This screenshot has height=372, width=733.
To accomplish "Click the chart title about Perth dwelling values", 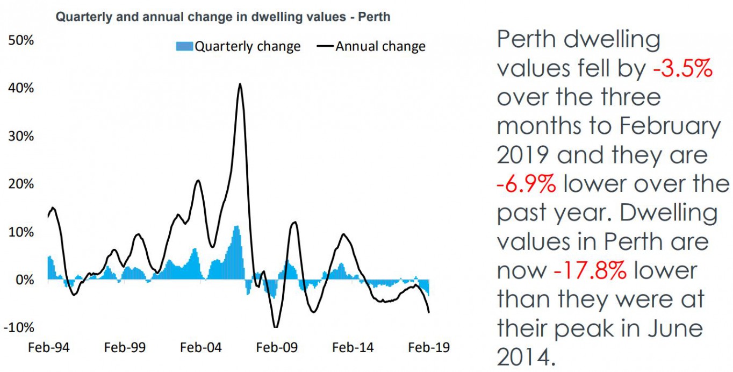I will tap(223, 17).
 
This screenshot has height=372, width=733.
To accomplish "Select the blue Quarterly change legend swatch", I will tap(184, 47).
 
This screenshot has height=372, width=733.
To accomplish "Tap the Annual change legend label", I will tap(380, 47).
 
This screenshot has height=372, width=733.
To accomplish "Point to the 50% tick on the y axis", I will tap(20, 41).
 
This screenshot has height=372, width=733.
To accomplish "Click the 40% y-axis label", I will tap(20, 88).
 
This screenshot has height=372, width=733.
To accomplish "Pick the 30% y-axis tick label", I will tap(20, 136).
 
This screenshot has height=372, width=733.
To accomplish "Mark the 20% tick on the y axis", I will tap(20, 184).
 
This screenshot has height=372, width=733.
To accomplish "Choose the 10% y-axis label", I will tap(20, 232).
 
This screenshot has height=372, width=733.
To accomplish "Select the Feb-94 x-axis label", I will tap(48, 347).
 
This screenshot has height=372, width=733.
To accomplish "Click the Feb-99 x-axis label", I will tap(125, 347).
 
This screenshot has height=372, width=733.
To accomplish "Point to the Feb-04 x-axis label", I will tap(201, 347).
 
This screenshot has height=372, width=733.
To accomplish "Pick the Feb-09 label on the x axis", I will tap(277, 347).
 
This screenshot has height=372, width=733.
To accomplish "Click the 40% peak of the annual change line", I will tap(240, 84).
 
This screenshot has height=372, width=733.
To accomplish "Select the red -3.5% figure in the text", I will tap(683, 69).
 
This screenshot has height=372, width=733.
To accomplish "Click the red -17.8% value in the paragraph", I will tap(590, 271).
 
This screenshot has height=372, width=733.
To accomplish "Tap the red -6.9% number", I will tap(526, 184).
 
